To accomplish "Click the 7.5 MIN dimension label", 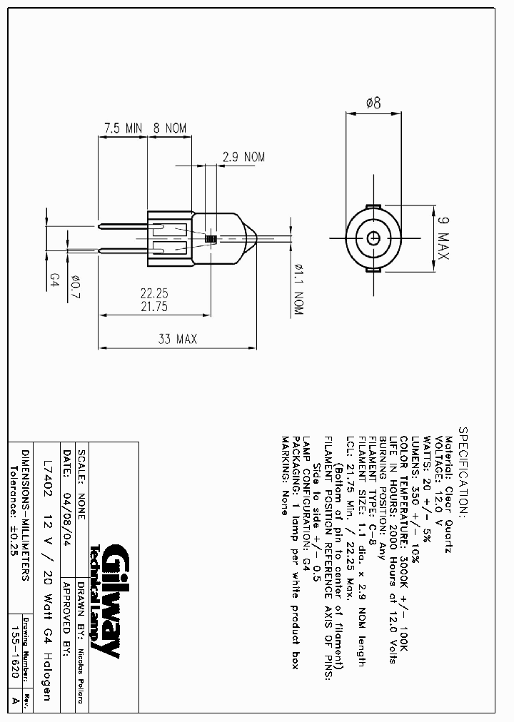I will click(124, 128).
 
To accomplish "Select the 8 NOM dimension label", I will click(170, 128).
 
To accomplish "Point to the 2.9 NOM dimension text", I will click(244, 157).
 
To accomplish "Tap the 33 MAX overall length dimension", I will click(178, 339).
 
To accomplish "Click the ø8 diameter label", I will click(373, 103).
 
